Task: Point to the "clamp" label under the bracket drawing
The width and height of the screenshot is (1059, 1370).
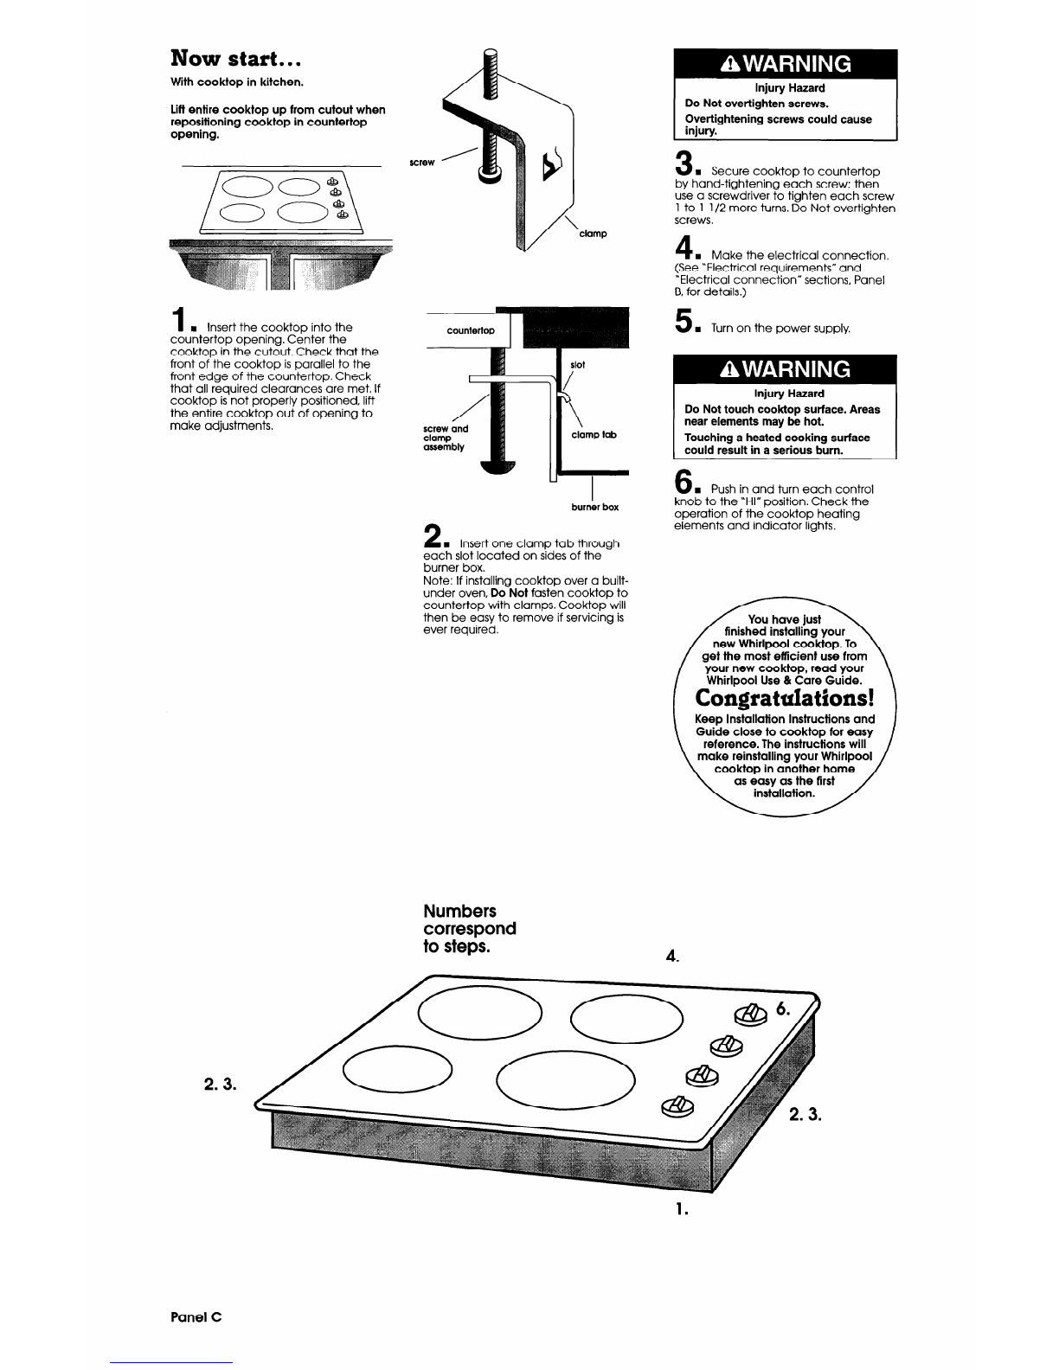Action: pos(593,234)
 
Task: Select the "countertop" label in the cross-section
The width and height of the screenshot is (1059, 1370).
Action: pos(470,330)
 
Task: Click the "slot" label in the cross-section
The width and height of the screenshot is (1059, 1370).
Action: pos(578,365)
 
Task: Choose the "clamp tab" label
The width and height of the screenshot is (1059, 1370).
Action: pos(594,435)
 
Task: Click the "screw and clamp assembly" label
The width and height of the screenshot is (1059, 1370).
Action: pos(446,438)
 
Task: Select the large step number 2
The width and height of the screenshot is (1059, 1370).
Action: pos(432,534)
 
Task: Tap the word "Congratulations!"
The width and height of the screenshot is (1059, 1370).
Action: pos(786,697)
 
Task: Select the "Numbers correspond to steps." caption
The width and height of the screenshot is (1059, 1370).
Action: pos(469,928)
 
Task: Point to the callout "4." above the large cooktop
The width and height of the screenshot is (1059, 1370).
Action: pos(672,957)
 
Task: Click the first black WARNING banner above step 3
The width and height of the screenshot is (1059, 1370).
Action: pos(786,64)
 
